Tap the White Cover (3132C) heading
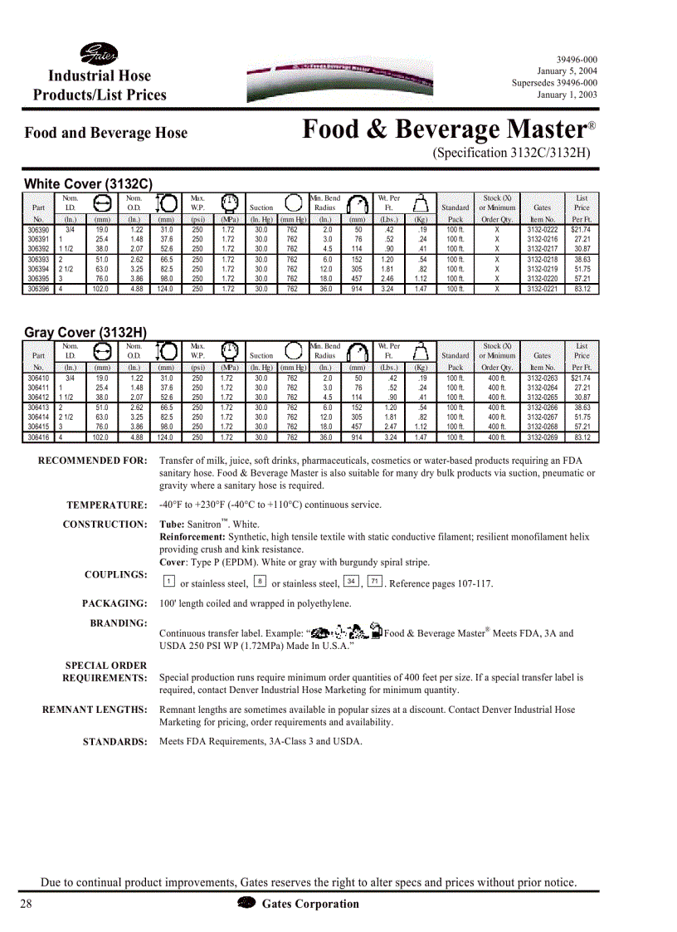click(88, 183)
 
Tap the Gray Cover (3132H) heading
click(85, 332)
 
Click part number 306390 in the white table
click(38, 229)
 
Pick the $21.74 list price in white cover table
click(581, 229)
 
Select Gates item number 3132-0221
click(543, 289)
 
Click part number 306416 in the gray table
click(38, 437)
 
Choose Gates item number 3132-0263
click(543, 378)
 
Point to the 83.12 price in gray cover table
click(582, 437)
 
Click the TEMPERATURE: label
click(106, 505)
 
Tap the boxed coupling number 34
click(352, 581)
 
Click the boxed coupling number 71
click(375, 581)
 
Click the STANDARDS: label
click(114, 742)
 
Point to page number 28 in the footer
click(27, 904)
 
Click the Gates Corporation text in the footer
click(310, 904)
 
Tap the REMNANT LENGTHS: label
click(95, 710)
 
